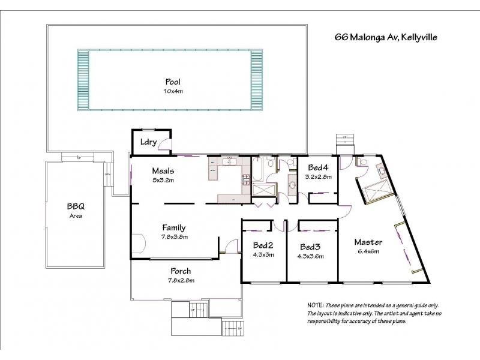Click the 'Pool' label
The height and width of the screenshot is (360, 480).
pyautogui.click(x=173, y=82)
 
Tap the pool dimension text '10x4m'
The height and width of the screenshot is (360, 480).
pyautogui.click(x=173, y=91)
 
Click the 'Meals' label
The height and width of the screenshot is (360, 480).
pyautogui.click(x=163, y=171)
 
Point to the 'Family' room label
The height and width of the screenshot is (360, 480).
pyautogui.click(x=173, y=227)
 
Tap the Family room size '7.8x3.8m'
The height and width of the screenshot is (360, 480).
pyautogui.click(x=173, y=236)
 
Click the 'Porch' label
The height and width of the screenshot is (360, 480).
pyautogui.click(x=181, y=271)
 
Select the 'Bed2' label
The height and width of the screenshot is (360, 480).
pyautogui.click(x=263, y=246)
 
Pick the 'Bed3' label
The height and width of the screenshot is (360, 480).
pyautogui.click(x=311, y=247)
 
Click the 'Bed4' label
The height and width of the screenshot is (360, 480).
pyautogui.click(x=318, y=167)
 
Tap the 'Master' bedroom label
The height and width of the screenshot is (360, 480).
pyautogui.click(x=368, y=242)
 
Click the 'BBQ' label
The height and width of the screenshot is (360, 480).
pyautogui.click(x=75, y=206)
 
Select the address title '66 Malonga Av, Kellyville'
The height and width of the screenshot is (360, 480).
pyautogui.click(x=386, y=37)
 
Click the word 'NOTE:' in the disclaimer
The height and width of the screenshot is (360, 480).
pyautogui.click(x=316, y=305)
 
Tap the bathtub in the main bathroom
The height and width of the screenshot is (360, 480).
pyautogui.click(x=257, y=172)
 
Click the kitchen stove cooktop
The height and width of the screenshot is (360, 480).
pyautogui.click(x=245, y=178)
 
